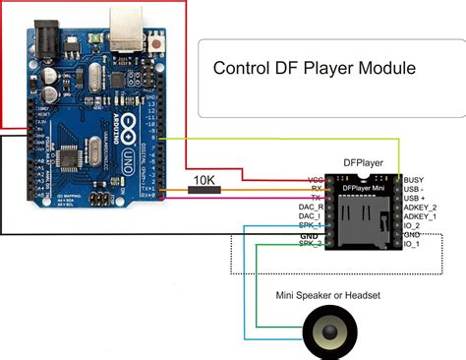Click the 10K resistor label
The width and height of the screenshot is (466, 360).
pos(204,180)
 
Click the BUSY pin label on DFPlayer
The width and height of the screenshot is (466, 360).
pos(415,180)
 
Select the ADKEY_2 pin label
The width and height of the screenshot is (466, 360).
pos(421,209)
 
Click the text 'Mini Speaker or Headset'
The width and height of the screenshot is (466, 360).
pos(328,294)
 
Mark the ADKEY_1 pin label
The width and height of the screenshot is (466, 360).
pos(421,217)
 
